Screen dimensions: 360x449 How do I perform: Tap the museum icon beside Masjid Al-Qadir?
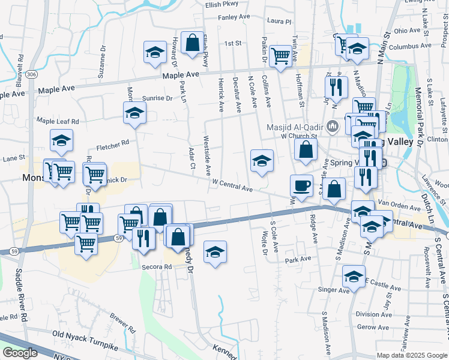[x=334, y=127]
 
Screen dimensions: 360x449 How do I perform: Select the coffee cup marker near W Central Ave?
[x=301, y=185]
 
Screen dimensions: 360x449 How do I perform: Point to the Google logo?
[x=20, y=352]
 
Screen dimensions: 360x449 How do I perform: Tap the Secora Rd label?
[x=157, y=266]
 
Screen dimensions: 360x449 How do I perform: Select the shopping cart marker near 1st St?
[x=280, y=56]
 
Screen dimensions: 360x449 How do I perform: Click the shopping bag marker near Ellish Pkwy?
[x=192, y=43]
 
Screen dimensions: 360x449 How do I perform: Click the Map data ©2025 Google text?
[x=412, y=355]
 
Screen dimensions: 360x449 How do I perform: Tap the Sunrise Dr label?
[x=157, y=98]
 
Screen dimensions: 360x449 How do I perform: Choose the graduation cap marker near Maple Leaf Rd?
[x=134, y=113]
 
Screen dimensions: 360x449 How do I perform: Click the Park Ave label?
[x=298, y=260]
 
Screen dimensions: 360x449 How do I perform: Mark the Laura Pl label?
[x=279, y=22]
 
